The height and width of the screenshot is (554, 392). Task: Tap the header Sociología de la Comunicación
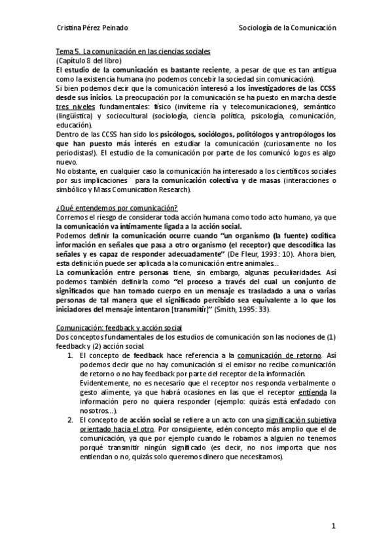289,29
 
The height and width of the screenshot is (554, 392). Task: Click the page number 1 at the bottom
333,525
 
